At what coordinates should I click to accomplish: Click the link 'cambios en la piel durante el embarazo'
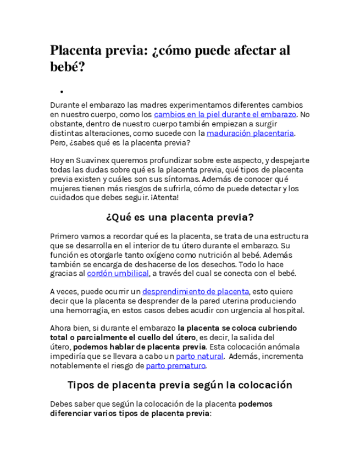(x=225, y=114)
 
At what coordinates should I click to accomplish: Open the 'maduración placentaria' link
(x=250, y=133)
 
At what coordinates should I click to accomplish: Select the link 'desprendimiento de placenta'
(x=196, y=291)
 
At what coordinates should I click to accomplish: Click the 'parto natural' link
(x=196, y=356)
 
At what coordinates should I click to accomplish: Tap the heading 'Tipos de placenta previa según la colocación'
(x=179, y=385)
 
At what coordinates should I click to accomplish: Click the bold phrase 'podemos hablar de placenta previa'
(x=140, y=347)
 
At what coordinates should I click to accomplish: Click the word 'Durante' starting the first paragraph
(x=65, y=105)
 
